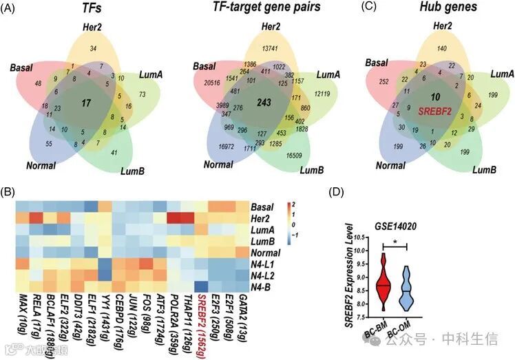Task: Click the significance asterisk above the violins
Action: click(395, 242)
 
